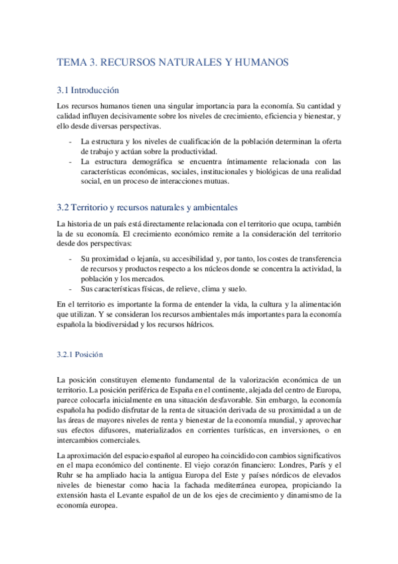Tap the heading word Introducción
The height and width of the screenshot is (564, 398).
point(94,90)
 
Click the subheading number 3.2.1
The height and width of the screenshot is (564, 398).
point(67,354)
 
